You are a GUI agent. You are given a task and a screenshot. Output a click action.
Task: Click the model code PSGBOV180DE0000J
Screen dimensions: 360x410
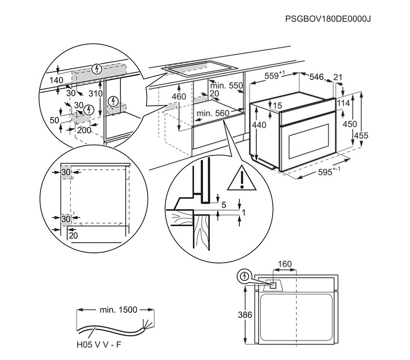tap(327, 19)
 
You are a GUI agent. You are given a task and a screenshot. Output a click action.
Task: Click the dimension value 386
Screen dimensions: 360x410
tap(246, 315)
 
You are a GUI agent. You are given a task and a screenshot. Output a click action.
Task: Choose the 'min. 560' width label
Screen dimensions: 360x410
tap(213, 113)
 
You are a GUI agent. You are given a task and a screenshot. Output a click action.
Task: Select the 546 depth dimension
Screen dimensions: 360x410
tap(317, 77)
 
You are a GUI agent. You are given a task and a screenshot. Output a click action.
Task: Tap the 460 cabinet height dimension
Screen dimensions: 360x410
tap(178, 97)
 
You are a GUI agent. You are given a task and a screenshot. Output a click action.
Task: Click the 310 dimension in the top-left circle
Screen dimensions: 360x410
tap(95, 94)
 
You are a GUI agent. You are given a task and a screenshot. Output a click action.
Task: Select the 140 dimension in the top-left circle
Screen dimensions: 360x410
tap(56, 81)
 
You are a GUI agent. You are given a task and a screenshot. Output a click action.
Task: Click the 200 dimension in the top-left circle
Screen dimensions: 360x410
tap(84, 130)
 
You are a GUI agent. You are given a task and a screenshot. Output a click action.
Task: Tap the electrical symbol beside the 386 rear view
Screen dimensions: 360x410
tap(245, 276)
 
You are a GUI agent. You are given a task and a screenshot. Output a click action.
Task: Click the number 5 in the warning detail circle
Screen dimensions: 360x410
tap(223, 205)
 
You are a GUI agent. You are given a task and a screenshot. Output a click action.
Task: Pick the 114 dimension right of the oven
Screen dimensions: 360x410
tap(343, 103)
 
